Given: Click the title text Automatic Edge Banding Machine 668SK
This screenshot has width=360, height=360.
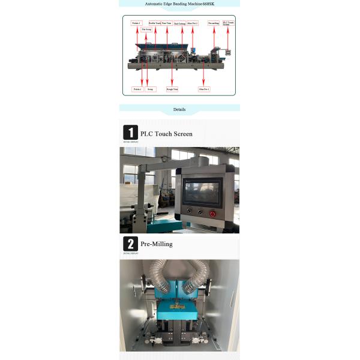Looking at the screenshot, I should pyautogui.click(x=179, y=4).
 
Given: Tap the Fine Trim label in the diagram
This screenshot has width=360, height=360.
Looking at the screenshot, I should pyautogui.click(x=167, y=23).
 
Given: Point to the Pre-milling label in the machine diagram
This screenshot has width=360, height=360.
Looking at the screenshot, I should pyautogui.click(x=214, y=23).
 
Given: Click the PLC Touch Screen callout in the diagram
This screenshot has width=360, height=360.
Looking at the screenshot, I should pyautogui.click(x=228, y=24).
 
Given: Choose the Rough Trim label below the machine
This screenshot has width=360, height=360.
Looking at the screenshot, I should pyautogui.click(x=172, y=89).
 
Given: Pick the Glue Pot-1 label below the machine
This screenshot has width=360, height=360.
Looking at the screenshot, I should pyautogui.click(x=204, y=89).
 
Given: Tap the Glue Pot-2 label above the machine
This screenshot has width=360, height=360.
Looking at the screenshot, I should pyautogui.click(x=193, y=23).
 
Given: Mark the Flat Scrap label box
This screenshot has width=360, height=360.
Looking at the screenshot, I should pyautogui.click(x=146, y=29).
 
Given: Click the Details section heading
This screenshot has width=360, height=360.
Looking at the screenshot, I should pyautogui.click(x=179, y=110).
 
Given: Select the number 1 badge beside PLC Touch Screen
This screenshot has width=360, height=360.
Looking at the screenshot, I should pyautogui.click(x=130, y=133).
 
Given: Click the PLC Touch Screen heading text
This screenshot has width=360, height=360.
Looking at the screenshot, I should pyautogui.click(x=166, y=134).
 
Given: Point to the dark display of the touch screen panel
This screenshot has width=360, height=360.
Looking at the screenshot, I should pyautogui.click(x=203, y=191).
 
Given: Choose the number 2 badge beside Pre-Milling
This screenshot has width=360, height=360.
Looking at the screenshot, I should pyautogui.click(x=130, y=244).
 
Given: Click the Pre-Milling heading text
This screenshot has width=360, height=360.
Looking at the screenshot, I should pyautogui.click(x=156, y=245).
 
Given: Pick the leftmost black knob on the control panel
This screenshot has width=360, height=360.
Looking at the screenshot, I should pyautogui.click(x=190, y=211).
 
